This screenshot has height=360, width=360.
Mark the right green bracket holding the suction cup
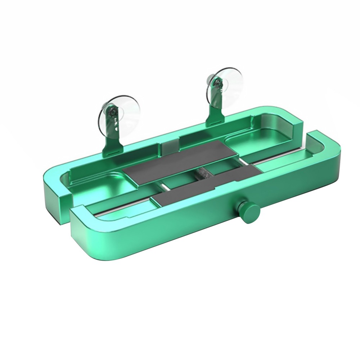click(216, 108)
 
